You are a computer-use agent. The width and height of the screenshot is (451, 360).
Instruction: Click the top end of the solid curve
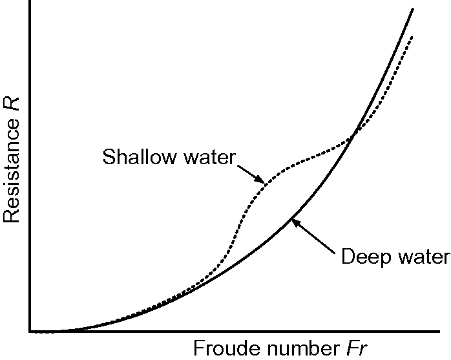[413, 8]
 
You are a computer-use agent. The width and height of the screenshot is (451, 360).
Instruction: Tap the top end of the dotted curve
[411, 36]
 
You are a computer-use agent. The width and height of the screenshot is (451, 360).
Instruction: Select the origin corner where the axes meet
[30, 331]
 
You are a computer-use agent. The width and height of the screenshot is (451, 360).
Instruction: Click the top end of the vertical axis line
[30, 3]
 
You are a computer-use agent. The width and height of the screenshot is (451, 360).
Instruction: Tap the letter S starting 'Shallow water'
[108, 157]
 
